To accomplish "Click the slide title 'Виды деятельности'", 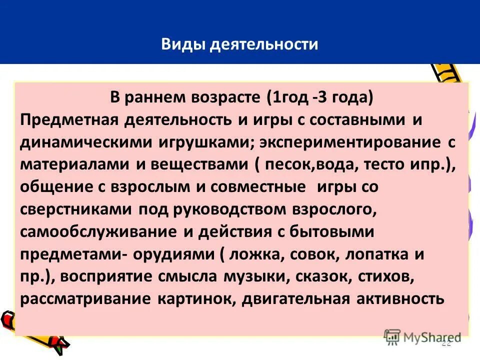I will (x=239, y=44).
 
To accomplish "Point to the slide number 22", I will (x=446, y=343).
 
